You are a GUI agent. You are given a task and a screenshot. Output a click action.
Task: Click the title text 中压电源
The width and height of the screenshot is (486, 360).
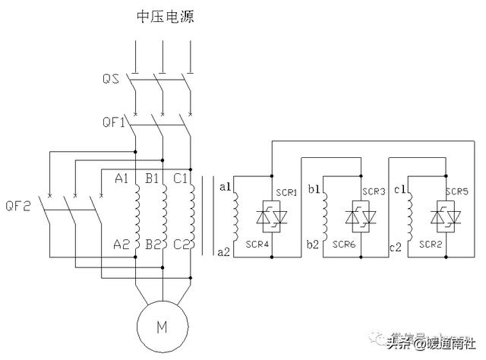tap(163, 16)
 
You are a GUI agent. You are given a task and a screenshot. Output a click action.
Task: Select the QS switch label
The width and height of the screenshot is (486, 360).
tap(111, 78)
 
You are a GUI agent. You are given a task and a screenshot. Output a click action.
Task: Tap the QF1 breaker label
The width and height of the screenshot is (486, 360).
tap(113, 122)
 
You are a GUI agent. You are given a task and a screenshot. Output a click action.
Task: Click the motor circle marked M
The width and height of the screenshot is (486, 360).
tap(162, 327)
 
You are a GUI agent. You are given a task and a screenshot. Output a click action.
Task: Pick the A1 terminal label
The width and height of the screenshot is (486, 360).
tap(121, 179)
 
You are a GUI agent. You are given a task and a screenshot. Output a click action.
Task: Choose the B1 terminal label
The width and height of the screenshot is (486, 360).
tap(152, 179)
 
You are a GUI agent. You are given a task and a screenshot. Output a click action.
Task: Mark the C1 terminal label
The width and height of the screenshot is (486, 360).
tap(180, 179)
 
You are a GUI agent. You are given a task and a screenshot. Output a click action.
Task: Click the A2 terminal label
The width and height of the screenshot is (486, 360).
tap(121, 244)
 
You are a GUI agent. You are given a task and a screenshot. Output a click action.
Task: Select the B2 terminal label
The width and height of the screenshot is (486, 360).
tap(152, 244)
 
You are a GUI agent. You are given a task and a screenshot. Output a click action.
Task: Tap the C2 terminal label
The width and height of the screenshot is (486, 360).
tap(180, 244)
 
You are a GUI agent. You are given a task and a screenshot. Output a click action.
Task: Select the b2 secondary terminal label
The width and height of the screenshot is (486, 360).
tap(313, 245)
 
